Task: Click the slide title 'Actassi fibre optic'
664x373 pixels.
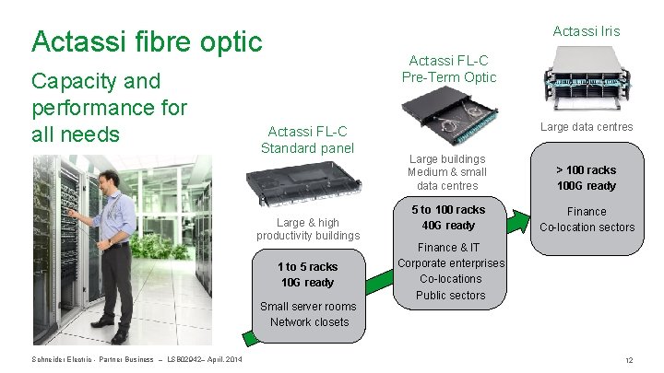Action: point(147,41)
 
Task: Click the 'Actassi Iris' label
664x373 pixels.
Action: point(586,31)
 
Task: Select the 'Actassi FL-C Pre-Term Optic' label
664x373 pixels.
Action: point(449,69)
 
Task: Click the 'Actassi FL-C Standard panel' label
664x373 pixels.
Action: point(307,139)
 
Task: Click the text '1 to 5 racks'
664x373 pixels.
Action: point(307,267)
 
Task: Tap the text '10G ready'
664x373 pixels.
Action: point(307,283)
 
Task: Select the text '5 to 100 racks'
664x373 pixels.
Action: point(448,210)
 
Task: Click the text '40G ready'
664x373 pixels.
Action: point(448,226)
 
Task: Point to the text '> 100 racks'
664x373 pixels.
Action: point(586,169)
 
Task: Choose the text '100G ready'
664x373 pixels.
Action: point(586,186)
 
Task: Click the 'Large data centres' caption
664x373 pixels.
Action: point(587,127)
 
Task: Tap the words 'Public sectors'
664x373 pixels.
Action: point(450,296)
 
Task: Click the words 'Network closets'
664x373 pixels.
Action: point(309,321)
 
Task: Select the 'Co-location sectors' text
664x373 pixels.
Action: point(587,227)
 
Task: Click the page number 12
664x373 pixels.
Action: point(628,359)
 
